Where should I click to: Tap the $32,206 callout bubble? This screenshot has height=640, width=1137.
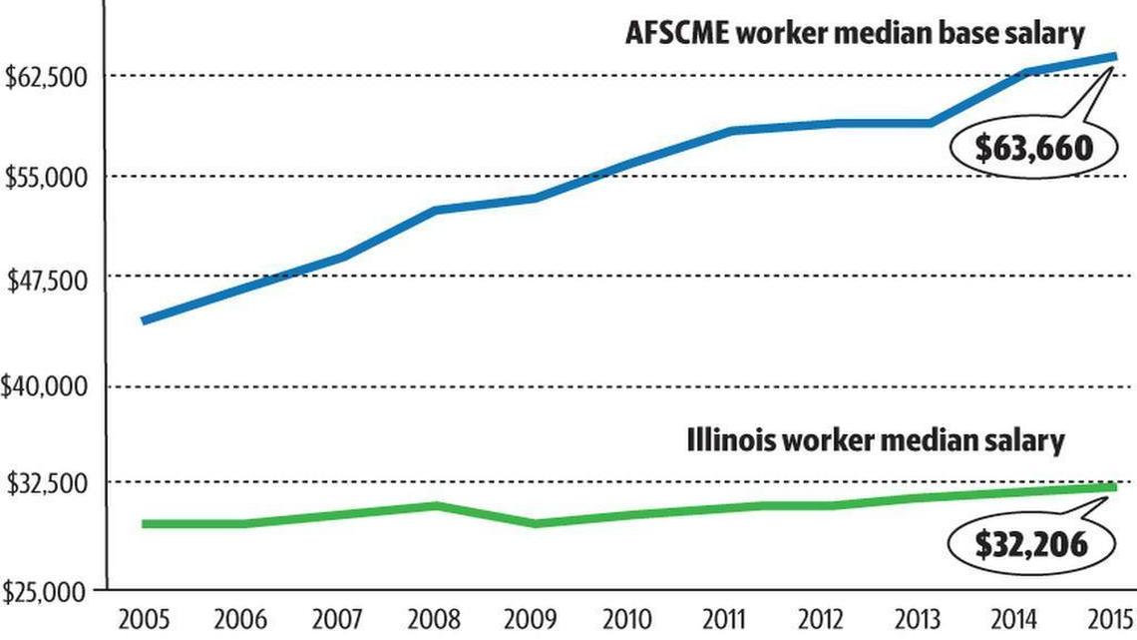pyautogui.click(x=1031, y=544)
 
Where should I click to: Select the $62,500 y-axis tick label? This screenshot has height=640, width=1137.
pyautogui.click(x=50, y=78)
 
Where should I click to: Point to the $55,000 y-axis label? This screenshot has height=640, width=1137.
pyautogui.click(x=50, y=178)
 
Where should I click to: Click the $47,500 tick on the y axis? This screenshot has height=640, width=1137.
pyautogui.click(x=50, y=280)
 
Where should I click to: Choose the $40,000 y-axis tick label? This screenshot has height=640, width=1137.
pyautogui.click(x=50, y=386)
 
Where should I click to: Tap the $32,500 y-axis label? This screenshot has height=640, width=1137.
pyautogui.click(x=50, y=483)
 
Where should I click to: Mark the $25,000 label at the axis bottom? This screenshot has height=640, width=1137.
pyautogui.click(x=50, y=592)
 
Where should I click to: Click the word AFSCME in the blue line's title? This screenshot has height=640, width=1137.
pyautogui.click(x=668, y=33)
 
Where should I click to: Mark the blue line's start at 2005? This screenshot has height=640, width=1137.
pyautogui.click(x=146, y=320)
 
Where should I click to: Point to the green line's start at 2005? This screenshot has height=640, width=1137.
pyautogui.click(x=146, y=523)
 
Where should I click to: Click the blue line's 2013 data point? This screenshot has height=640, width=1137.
pyautogui.click(x=930, y=123)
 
